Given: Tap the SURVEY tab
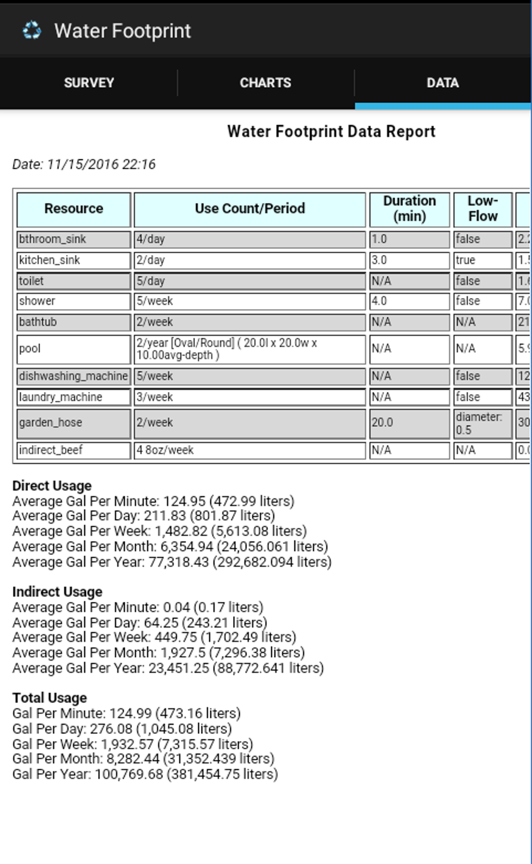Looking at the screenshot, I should click(89, 83).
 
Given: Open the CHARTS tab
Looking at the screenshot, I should click(265, 83).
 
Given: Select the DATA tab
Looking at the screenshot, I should click(442, 83).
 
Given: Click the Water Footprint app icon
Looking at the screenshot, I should click(32, 30).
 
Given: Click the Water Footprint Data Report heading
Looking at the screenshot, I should click(331, 131).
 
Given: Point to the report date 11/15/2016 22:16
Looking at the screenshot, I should click(84, 164).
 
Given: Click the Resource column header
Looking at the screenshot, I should click(74, 208).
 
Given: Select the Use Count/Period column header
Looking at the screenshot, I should click(250, 208).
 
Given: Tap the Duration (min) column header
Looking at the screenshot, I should click(409, 208).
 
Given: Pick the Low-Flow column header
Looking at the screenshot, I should click(482, 208).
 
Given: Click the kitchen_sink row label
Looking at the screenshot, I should click(50, 260).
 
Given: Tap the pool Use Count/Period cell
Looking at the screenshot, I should click(249, 349).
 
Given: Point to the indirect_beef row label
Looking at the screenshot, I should click(51, 450).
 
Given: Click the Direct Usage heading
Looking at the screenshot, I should click(52, 486).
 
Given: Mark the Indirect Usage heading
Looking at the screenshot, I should click(57, 592).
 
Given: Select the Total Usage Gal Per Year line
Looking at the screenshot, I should click(145, 774).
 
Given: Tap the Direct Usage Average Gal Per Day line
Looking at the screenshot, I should click(143, 516).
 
